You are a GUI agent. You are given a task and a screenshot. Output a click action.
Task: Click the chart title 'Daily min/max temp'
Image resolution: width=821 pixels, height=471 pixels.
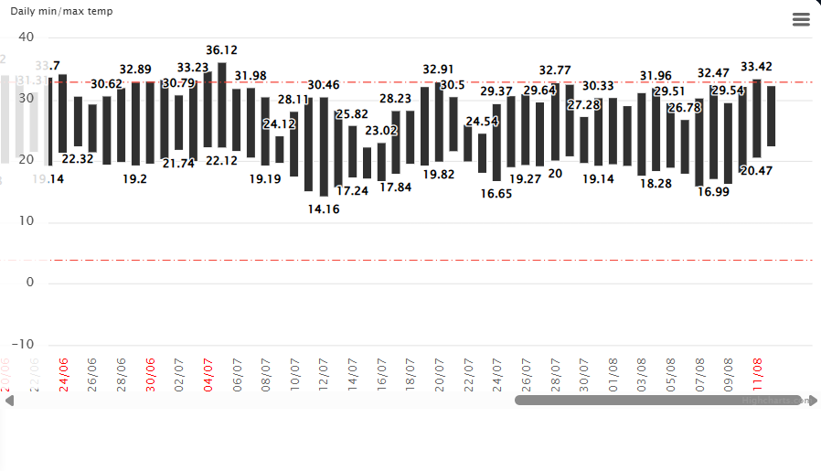[61, 10]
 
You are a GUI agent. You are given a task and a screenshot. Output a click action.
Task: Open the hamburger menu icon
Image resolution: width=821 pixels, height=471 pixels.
[801, 19]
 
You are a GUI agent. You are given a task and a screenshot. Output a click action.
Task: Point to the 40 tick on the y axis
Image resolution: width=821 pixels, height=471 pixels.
[26, 37]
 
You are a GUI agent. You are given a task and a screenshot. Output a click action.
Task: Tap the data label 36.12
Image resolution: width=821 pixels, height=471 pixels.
[222, 50]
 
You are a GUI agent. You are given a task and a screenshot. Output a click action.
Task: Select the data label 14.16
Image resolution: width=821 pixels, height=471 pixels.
[324, 209]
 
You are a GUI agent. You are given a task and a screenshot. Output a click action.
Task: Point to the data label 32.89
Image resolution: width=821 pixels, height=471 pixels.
[135, 70]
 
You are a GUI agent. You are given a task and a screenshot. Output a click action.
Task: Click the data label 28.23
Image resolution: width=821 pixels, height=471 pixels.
[396, 99]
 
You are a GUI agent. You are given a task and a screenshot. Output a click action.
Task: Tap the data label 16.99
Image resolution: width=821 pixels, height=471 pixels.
[713, 191]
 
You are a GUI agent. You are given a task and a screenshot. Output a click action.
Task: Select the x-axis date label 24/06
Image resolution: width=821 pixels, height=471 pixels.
[64, 375]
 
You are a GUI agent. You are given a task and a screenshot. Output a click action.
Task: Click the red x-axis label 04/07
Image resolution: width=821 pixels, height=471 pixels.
[208, 375]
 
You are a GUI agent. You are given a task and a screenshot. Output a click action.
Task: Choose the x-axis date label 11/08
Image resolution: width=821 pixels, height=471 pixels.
[757, 375]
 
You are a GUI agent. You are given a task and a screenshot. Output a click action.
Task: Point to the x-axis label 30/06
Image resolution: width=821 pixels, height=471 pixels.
[151, 375]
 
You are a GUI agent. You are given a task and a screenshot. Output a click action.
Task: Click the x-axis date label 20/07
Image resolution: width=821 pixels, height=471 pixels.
[440, 375]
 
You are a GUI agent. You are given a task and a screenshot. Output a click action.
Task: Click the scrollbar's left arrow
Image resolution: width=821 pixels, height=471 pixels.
[9, 401]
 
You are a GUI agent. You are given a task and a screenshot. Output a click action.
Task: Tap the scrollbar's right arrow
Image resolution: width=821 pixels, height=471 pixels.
[813, 401]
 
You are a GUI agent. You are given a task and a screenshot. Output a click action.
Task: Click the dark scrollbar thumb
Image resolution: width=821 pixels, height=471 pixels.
[658, 401]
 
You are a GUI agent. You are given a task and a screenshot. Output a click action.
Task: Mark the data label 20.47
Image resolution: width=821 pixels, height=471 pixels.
[757, 170]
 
